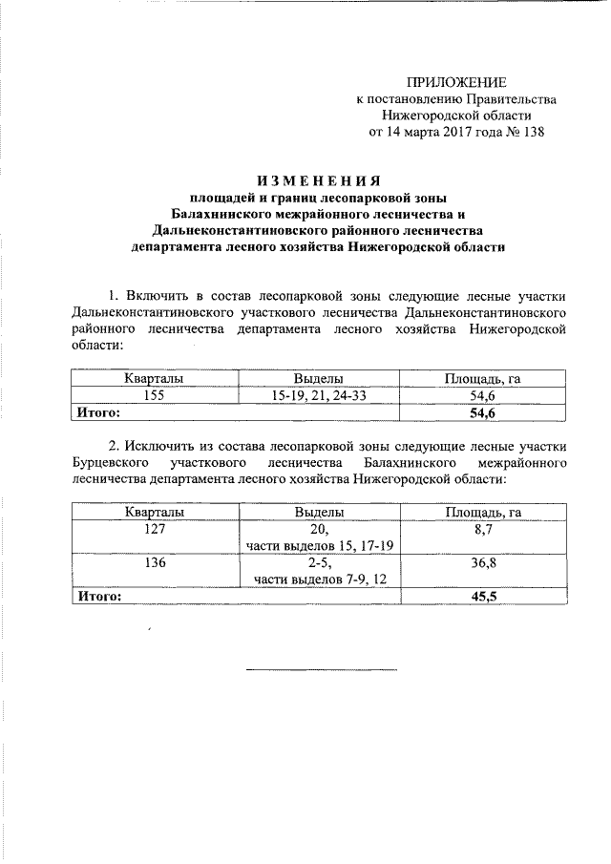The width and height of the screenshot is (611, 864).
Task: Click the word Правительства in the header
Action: point(511,98)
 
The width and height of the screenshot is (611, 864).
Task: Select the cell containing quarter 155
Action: point(155,395)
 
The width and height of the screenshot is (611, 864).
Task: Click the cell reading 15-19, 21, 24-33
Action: point(319,395)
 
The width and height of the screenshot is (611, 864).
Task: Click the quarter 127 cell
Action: point(155,529)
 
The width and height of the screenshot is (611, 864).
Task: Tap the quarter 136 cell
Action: point(155,563)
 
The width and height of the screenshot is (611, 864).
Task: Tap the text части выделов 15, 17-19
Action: point(320,545)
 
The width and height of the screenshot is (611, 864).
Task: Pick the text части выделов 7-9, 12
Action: point(320,580)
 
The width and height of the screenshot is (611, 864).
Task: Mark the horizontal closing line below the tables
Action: point(321,668)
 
